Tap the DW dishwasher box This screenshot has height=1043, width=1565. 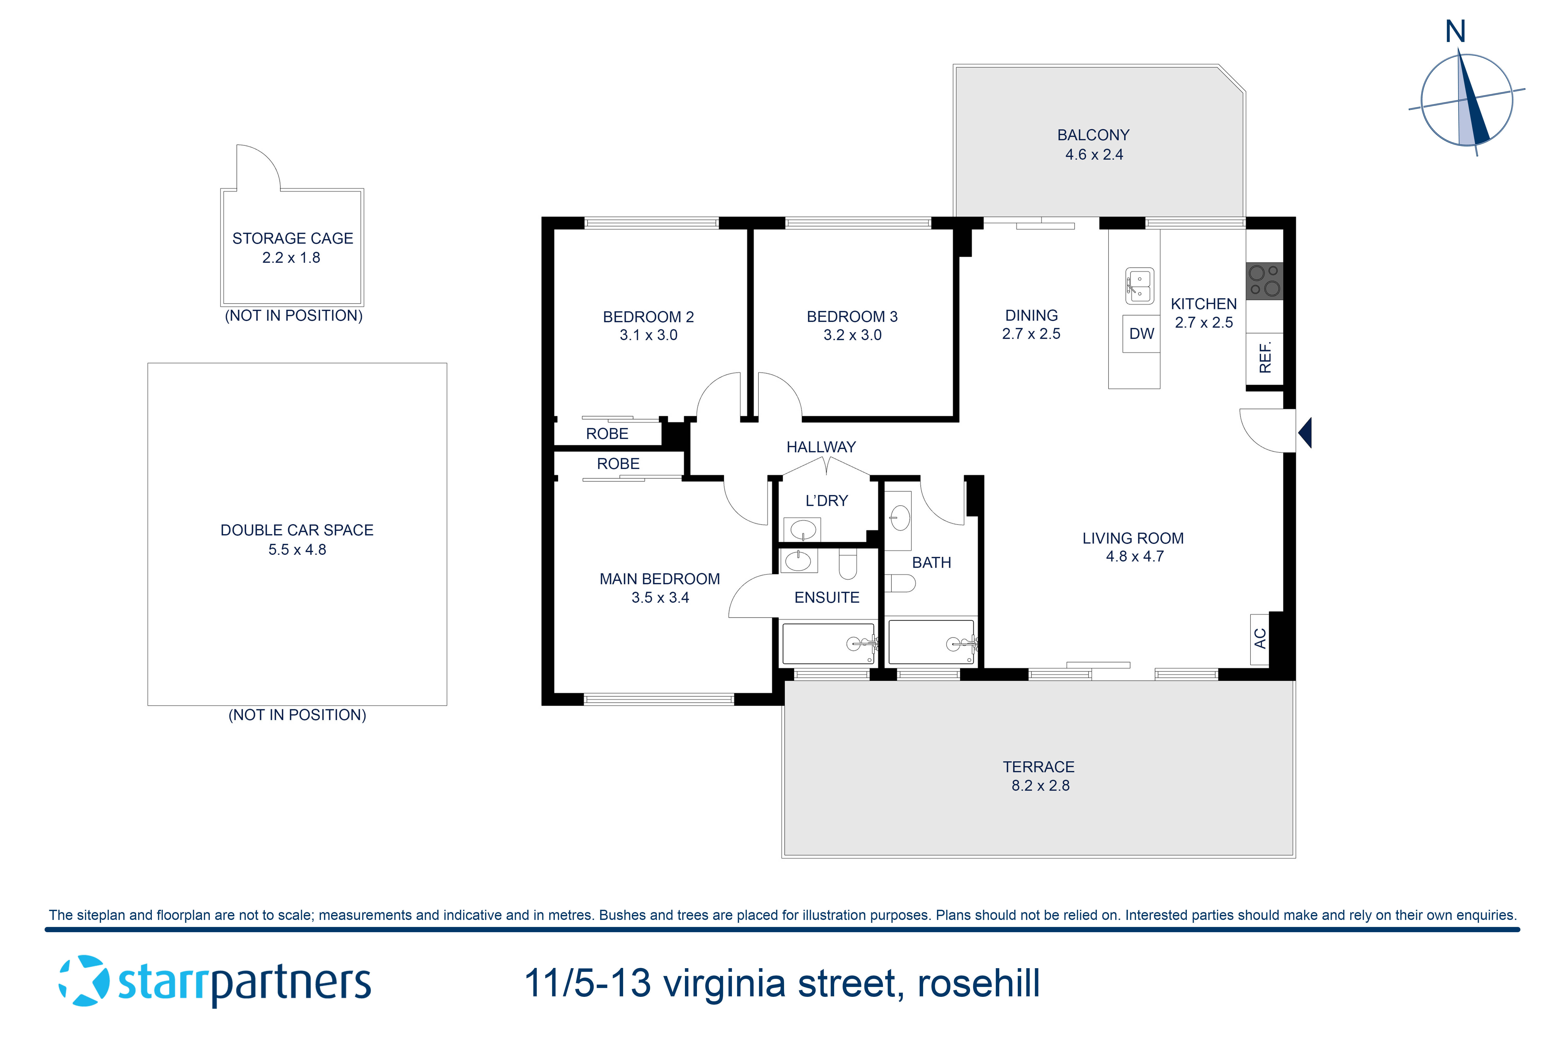point(1141,334)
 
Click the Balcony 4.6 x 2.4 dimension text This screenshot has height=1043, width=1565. point(1094,154)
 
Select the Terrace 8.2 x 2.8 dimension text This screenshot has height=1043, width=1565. point(1040,786)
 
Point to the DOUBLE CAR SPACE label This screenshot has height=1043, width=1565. point(297,530)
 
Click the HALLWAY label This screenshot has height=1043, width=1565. point(821,447)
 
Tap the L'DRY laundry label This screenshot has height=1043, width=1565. point(826,501)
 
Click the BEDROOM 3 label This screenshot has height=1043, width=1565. point(852,317)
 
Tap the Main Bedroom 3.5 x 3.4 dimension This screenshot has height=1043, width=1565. point(660,597)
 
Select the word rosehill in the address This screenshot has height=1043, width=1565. point(978,983)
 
